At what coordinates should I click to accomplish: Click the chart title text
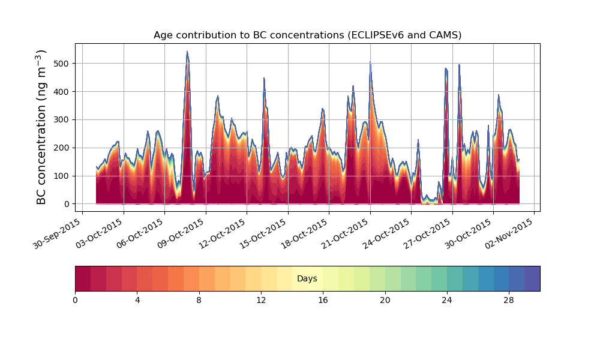[307, 35]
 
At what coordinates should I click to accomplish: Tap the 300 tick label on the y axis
[64, 120]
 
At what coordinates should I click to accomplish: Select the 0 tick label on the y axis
[67, 204]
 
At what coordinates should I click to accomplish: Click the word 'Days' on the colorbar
[307, 278]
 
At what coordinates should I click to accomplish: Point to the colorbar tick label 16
[323, 301]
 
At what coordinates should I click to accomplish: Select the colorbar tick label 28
[509, 301]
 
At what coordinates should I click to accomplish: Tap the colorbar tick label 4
[137, 301]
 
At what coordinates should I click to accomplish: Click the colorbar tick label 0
[75, 301]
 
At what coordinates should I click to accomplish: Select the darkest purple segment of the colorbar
[532, 278]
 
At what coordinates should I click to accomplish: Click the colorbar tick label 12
[261, 301]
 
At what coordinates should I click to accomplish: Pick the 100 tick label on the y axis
[64, 176]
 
